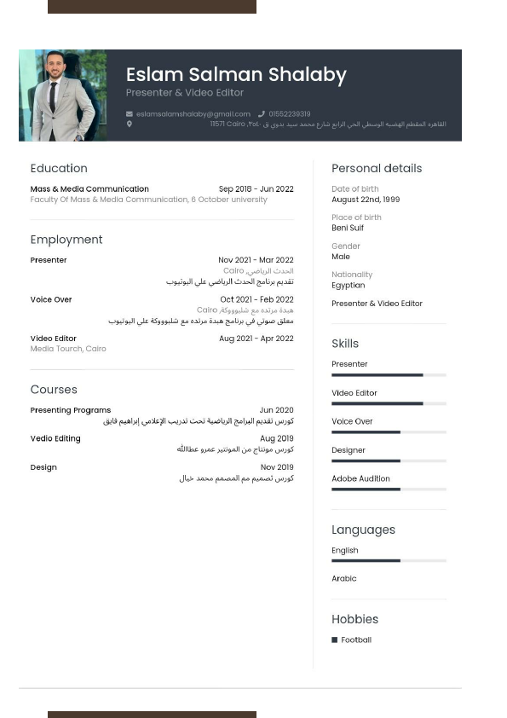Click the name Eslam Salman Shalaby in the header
tap(236, 75)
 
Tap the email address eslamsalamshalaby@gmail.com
tap(193, 113)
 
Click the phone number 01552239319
tap(290, 113)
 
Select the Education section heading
tap(59, 169)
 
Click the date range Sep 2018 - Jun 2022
tap(256, 189)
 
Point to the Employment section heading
tap(66, 240)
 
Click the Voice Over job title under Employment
tap(51, 300)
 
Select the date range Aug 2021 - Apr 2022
tap(256, 339)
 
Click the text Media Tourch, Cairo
tap(68, 349)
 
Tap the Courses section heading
tap(54, 390)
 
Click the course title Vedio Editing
tap(55, 438)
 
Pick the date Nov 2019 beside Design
tap(277, 467)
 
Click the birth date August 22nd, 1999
tap(366, 200)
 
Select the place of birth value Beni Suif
tap(348, 228)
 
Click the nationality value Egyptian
tap(348, 285)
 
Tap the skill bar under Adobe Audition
tap(389, 489)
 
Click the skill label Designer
tap(349, 450)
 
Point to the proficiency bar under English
tap(389, 560)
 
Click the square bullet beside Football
tap(335, 640)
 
